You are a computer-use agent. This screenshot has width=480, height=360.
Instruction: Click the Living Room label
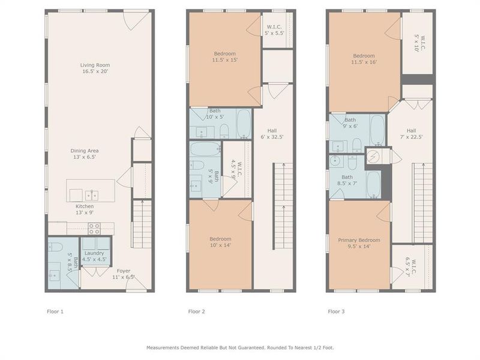click(95, 68)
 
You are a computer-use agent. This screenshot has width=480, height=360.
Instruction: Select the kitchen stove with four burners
click(94, 229)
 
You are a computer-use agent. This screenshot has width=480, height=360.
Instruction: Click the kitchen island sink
click(92, 194)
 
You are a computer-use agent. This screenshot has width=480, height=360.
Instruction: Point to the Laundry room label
click(94, 256)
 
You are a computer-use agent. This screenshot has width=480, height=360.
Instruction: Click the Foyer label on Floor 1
click(124, 274)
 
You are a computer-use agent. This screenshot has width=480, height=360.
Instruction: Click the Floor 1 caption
click(55, 311)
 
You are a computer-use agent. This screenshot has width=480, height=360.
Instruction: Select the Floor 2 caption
click(197, 311)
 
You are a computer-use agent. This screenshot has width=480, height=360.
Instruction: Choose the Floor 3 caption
click(337, 311)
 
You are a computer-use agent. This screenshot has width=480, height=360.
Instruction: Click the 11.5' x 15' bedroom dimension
click(225, 60)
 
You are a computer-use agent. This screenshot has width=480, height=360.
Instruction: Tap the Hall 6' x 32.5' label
click(271, 133)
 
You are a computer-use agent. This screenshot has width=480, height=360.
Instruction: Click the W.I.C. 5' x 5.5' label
click(276, 29)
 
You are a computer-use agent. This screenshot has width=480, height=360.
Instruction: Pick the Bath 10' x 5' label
click(215, 113)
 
